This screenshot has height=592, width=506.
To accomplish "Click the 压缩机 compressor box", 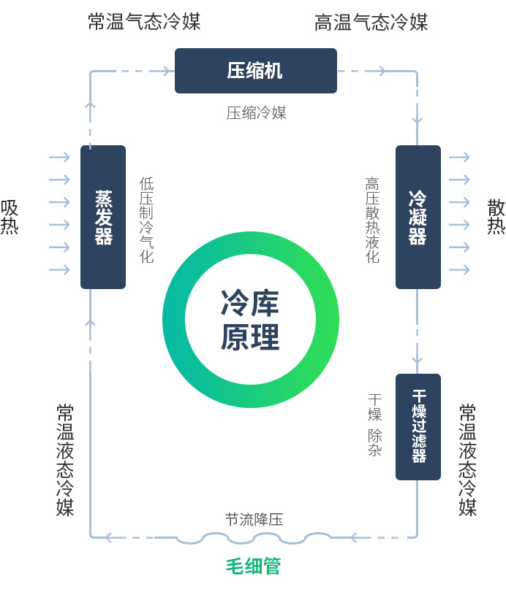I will (x=255, y=71).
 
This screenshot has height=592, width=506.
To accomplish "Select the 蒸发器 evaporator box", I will (x=103, y=217).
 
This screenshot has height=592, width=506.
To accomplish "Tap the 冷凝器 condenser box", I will (x=418, y=217).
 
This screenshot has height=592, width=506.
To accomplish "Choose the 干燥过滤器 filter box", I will (x=418, y=426).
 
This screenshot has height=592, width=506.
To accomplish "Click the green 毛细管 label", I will (x=253, y=566).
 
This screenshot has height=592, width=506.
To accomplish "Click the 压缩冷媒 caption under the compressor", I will (x=256, y=112).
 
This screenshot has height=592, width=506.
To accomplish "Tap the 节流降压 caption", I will (x=254, y=520).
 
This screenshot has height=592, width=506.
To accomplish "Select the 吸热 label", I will (x=10, y=217).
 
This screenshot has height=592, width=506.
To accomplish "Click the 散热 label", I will (x=496, y=217).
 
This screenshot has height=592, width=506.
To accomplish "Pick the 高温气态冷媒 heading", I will (x=371, y=23).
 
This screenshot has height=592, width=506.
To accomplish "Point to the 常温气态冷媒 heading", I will (x=144, y=22).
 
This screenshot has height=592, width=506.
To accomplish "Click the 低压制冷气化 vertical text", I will (x=147, y=220).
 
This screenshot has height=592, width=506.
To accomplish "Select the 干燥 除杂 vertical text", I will (x=374, y=425).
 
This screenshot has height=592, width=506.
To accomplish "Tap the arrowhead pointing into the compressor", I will (x=167, y=71).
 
